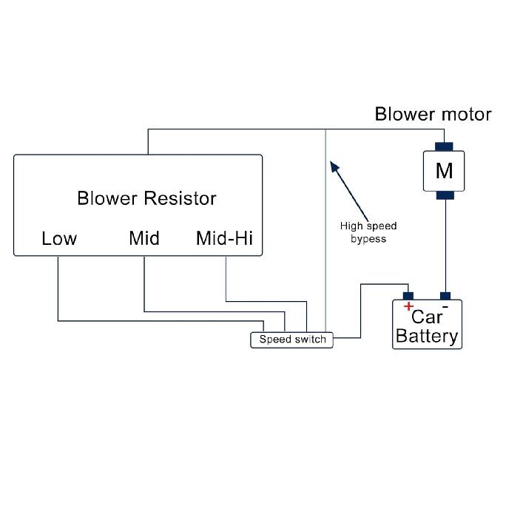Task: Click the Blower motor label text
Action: [433, 114]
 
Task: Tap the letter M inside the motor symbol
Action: [444, 171]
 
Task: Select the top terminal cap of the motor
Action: [444, 146]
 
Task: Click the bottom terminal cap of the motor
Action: [444, 196]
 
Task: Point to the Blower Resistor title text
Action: [146, 198]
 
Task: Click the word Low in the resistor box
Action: [59, 238]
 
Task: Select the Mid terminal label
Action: [144, 238]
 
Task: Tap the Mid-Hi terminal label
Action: [224, 238]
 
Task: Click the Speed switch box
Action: [292, 340]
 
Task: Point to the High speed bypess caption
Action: [368, 232]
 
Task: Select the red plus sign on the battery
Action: [408, 306]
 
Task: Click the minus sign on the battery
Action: [445, 305]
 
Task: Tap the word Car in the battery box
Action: [427, 317]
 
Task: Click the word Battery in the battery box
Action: [427, 337]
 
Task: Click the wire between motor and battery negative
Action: [445, 244]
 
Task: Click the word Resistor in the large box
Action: [180, 198]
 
